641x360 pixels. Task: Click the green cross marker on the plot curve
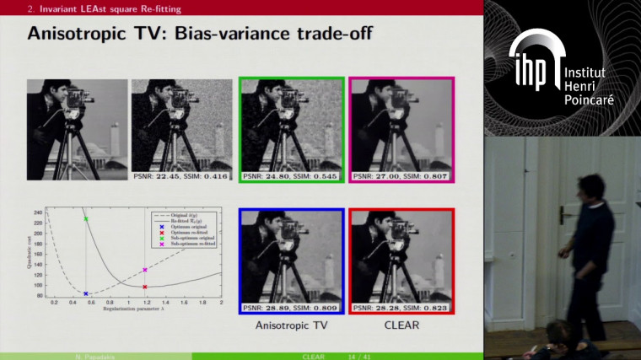(85, 219)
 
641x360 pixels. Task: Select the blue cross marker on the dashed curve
(85, 293)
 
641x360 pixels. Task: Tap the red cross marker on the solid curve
(145, 287)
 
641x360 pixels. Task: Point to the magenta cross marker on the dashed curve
(145, 270)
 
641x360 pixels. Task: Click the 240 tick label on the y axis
(38, 212)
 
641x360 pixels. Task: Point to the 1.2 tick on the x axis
(146, 302)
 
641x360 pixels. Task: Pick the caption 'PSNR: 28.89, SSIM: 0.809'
(291, 309)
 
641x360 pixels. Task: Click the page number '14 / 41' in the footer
(361, 357)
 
